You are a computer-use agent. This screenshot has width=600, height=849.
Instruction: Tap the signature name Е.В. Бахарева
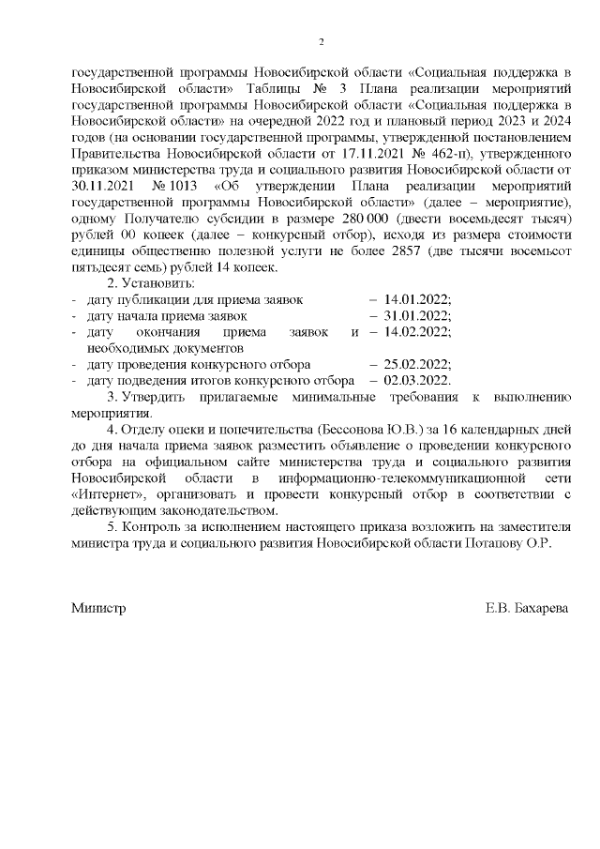525,608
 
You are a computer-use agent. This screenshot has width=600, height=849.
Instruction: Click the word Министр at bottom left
98,608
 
